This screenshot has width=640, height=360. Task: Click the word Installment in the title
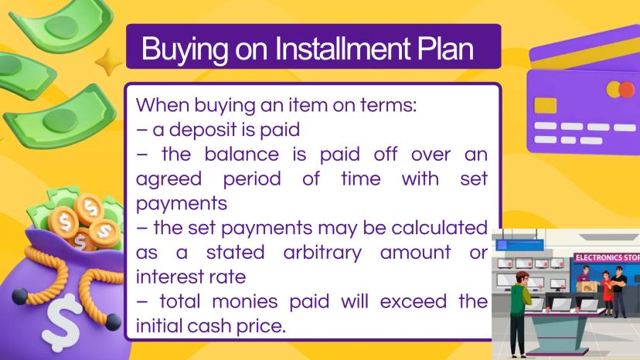[x=342, y=49]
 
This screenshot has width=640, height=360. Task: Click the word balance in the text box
[x=242, y=155]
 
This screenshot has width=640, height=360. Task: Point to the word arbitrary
[x=322, y=253]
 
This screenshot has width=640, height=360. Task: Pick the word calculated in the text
[x=440, y=228]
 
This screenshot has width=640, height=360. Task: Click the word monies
[x=245, y=301]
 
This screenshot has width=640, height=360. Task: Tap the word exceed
[x=413, y=301]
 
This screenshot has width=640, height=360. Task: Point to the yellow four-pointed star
[x=109, y=62]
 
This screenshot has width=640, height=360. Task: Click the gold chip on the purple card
[x=545, y=105]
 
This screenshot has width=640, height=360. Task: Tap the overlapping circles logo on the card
[x=621, y=90]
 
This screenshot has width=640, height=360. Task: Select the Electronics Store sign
[x=607, y=257]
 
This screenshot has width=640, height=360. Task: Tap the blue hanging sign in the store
[x=519, y=245]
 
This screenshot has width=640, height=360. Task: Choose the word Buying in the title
[x=185, y=49]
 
